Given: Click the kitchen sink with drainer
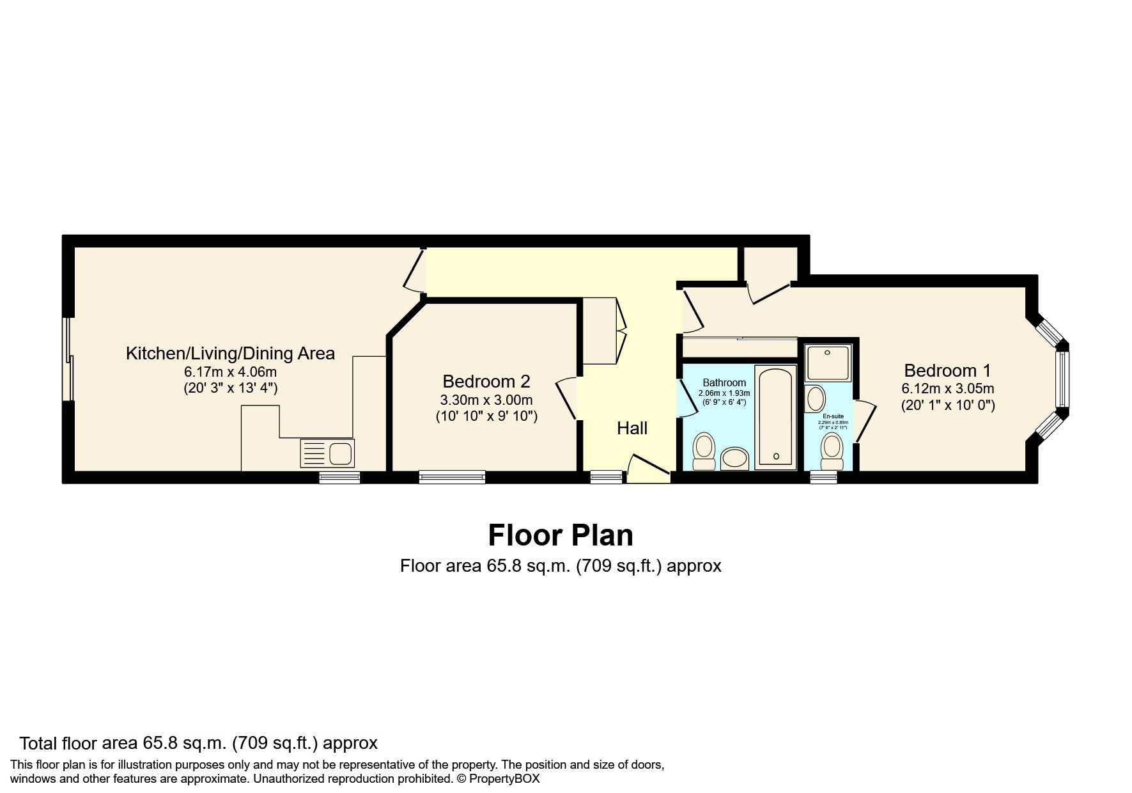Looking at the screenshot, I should [x=327, y=453].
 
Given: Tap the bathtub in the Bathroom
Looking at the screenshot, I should [x=775, y=418].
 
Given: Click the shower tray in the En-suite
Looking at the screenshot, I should [x=828, y=363].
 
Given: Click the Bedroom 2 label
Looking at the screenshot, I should [x=486, y=382].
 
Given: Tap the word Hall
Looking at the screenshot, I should [x=632, y=428].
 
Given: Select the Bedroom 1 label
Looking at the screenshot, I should [x=947, y=371].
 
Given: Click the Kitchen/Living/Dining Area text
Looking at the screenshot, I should [x=230, y=354].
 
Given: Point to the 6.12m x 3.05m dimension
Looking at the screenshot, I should [x=947, y=389].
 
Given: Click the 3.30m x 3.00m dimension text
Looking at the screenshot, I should [x=486, y=400].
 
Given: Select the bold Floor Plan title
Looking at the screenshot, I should [x=561, y=535].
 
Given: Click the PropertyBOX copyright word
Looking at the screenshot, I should [x=505, y=779].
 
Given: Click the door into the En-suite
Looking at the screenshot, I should [x=864, y=420].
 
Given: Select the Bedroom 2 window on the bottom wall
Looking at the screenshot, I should [x=452, y=476].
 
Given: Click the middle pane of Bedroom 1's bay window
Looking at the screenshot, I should [x=1062, y=380].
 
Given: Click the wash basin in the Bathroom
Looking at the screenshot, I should [x=734, y=459].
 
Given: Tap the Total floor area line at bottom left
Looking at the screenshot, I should [x=198, y=743].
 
